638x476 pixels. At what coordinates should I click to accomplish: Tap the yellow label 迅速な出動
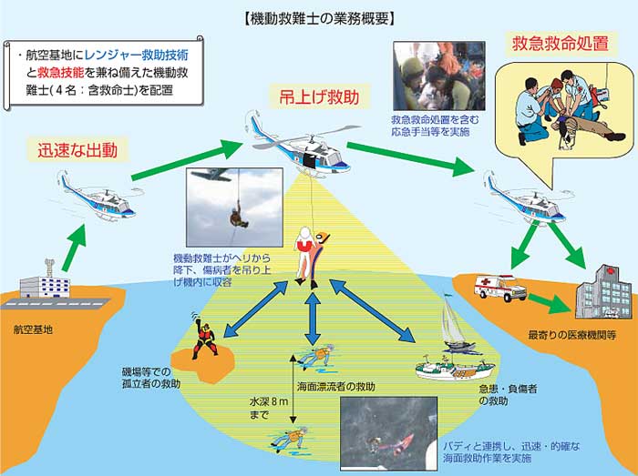77,150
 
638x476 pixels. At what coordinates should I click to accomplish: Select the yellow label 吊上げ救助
304,95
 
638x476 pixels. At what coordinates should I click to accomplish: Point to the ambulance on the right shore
500,289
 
